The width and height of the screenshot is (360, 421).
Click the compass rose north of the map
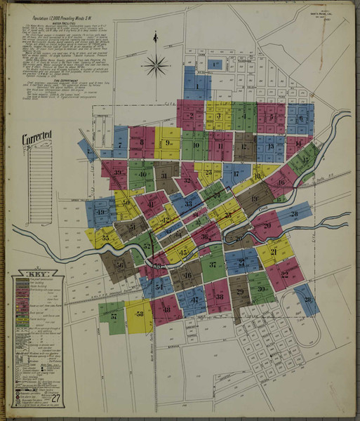click(x=155, y=67)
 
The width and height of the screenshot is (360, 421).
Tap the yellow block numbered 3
click(x=219, y=116)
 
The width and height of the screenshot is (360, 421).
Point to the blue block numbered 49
click(x=101, y=212)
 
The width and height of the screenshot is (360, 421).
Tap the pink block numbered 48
click(x=166, y=309)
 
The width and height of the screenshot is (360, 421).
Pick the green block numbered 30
click(x=261, y=289)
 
